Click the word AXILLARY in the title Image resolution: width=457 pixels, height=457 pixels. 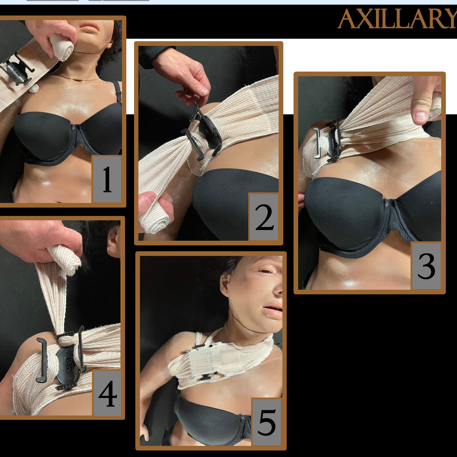[x=398, y=19]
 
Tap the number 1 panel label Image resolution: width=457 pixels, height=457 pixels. [x=107, y=179]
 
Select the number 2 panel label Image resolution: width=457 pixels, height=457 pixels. [x=264, y=217]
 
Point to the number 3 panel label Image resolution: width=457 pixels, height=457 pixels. [x=426, y=266]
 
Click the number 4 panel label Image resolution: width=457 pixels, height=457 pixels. [x=107, y=393]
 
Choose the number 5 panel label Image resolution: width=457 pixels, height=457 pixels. [x=267, y=422]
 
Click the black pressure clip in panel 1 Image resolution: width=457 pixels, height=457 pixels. [x=17, y=70]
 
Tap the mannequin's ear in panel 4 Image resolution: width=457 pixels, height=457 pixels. [x=114, y=242]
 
